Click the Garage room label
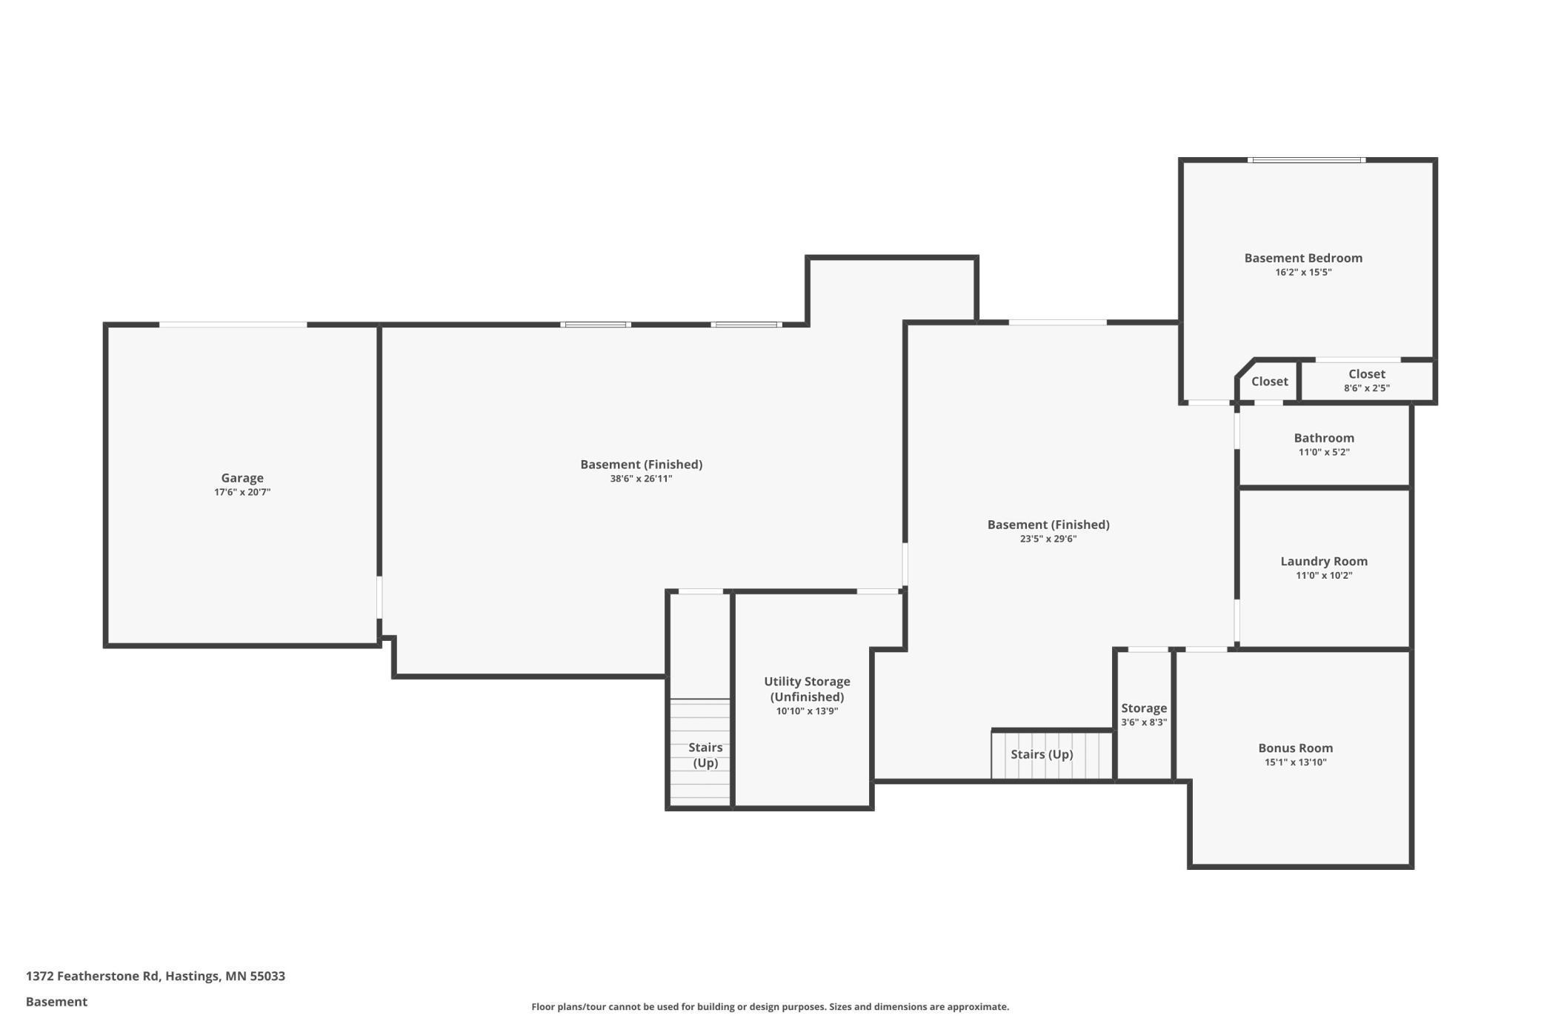point(242,478)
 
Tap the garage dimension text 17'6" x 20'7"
point(242,492)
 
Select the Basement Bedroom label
point(1303,258)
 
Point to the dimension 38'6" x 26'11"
point(641,479)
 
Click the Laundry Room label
point(1324,562)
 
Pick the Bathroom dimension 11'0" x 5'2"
point(1324,452)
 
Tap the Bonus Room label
point(1295,748)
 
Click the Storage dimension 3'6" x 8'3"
point(1144,722)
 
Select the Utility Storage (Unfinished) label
point(807,689)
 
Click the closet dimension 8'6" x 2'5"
point(1367,388)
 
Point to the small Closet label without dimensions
point(1270,382)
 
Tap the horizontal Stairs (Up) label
point(1042,754)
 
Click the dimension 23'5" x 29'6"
point(1048,539)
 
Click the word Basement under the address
point(56,1002)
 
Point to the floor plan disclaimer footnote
point(770,1007)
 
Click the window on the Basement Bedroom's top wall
point(1306,160)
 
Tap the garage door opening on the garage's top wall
point(233,325)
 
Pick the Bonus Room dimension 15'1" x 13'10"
point(1295,762)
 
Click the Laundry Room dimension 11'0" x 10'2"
point(1324,576)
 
